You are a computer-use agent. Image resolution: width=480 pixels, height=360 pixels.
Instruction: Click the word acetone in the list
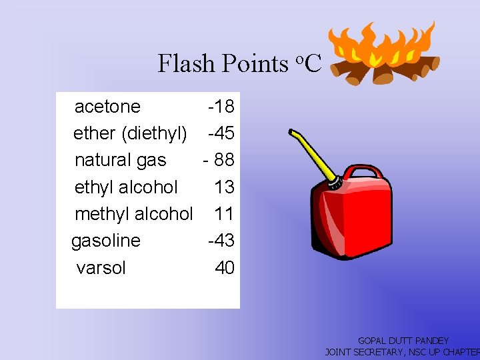107,107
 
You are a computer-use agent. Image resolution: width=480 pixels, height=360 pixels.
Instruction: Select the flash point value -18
221,107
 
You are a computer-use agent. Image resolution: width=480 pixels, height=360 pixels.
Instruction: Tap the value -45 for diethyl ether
221,133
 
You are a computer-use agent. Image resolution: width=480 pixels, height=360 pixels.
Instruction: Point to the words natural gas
120,161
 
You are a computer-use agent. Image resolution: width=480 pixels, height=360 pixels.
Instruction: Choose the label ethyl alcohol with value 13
126,187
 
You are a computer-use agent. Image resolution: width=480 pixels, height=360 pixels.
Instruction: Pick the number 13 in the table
224,187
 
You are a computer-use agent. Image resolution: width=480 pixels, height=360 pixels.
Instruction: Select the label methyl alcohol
133,214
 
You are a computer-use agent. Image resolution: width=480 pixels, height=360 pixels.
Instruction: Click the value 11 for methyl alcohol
224,214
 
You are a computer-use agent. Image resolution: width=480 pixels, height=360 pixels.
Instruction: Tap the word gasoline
106,241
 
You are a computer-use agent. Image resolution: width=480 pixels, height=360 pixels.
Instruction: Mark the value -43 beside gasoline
221,241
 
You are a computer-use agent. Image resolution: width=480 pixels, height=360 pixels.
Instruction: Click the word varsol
101,268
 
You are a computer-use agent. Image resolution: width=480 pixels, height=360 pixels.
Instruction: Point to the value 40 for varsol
225,268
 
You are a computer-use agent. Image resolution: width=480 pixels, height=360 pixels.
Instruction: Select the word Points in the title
254,63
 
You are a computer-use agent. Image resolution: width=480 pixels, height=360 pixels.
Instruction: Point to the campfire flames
387,43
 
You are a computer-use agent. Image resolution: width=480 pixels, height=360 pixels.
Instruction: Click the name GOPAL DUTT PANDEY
403,341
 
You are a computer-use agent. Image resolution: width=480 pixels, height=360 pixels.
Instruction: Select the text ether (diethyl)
130,133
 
